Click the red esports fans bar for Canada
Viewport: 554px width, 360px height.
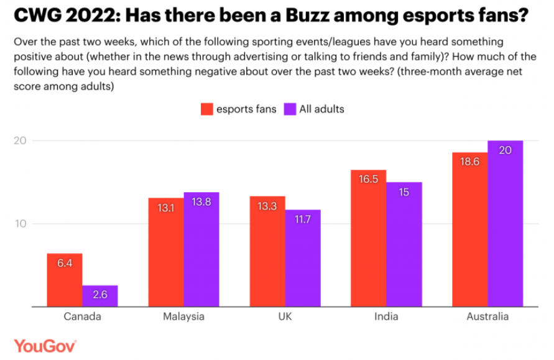point(65,280)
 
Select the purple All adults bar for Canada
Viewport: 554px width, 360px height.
point(100,296)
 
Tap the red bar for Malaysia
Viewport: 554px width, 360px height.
point(166,252)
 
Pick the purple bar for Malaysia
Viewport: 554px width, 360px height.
point(201,249)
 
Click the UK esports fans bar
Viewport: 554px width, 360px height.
point(267,251)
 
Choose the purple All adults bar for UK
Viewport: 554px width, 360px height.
point(303,258)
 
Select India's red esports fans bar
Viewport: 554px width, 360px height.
point(369,238)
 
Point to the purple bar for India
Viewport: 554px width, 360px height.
point(404,244)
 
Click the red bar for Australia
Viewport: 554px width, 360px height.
point(470,229)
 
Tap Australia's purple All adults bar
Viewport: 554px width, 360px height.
point(506,224)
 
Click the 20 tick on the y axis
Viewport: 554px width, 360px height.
point(21,141)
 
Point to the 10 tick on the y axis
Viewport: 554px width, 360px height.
point(21,224)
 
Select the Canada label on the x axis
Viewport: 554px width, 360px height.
point(82,316)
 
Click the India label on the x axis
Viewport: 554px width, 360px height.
point(386,316)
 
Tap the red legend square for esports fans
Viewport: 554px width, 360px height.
point(206,109)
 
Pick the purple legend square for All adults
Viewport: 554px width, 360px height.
point(290,109)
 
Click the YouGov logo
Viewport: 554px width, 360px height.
point(45,345)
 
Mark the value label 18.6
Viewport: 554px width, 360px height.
point(470,161)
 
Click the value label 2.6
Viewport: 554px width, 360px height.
point(100,295)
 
